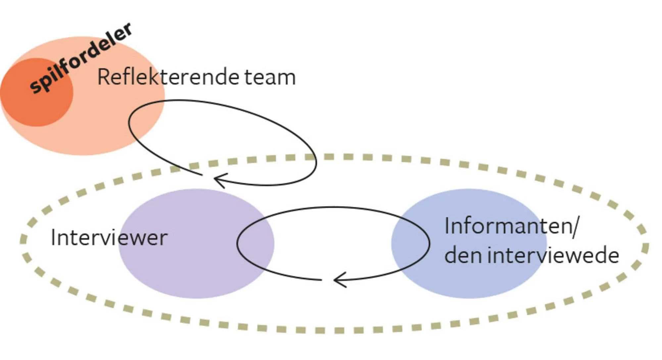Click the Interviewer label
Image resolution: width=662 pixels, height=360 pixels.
tap(109, 238)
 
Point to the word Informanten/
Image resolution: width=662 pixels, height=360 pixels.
tap(511, 226)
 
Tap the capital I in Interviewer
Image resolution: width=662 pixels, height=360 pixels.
tap(53, 238)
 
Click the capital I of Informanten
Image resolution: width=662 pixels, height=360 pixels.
tap(447, 226)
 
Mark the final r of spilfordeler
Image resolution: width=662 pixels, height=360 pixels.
tap(127, 29)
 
